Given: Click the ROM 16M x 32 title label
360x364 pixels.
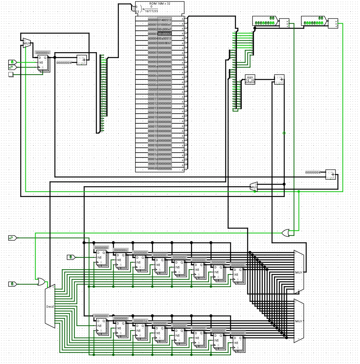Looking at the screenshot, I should tap(160, 4).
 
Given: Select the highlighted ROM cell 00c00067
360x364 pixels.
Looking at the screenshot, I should tap(165, 34).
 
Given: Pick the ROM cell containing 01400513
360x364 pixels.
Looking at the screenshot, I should tap(165, 20).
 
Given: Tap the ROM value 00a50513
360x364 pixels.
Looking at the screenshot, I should tap(165, 38).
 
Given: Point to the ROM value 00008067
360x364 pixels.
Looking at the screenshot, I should tap(165, 43).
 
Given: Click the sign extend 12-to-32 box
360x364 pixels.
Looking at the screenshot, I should tap(250, 80).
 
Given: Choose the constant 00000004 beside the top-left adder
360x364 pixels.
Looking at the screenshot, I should tap(64, 63).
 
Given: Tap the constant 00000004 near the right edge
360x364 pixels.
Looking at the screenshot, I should tap(313, 172).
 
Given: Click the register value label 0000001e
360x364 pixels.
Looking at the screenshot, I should tap(140, 321).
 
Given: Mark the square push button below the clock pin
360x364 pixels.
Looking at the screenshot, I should tap(11, 74).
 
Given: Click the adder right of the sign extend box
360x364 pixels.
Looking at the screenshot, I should tap(279, 80).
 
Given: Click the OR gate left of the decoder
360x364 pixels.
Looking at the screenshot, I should tap(41, 282).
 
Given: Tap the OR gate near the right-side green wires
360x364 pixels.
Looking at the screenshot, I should tap(285, 233).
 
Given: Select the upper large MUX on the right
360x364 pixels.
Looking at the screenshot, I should tap(299, 272).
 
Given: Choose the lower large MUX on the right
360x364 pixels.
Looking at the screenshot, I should tap(299, 321).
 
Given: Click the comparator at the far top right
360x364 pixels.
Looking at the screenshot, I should tap(333, 24).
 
